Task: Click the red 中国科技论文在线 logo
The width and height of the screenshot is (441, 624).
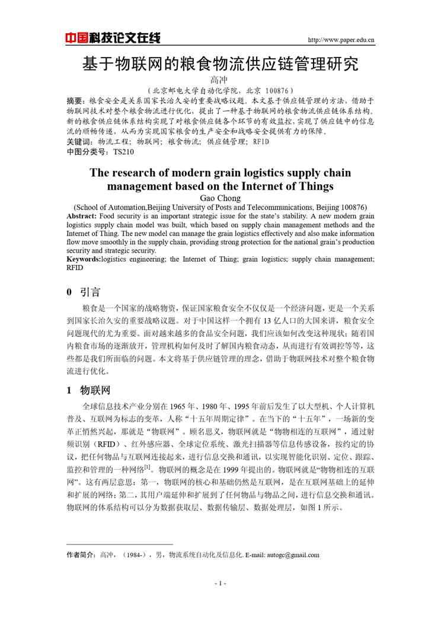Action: tap(113, 39)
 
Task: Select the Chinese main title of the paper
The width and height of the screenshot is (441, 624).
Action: tap(220, 63)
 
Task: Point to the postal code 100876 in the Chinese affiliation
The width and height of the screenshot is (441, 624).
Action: tap(273, 91)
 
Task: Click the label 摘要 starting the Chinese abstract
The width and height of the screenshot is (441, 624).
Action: tap(75, 101)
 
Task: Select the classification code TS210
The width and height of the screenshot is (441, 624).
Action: tap(123, 152)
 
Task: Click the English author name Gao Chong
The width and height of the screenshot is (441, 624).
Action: tap(220, 198)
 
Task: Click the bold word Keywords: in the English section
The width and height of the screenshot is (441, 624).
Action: tap(84, 259)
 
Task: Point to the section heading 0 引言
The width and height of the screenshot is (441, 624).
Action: tap(83, 292)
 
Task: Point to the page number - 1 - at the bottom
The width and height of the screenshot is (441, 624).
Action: tap(220, 583)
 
